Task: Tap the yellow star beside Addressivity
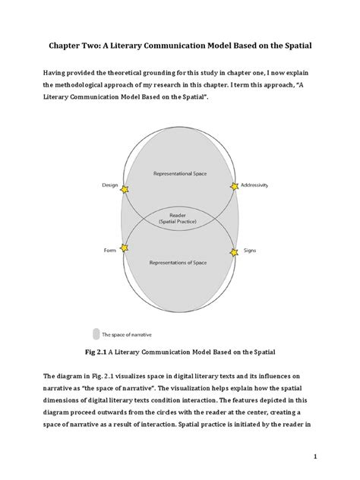point(233,186)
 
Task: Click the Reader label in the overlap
point(180,215)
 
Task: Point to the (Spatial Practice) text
point(180,222)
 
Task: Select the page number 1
point(334,456)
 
